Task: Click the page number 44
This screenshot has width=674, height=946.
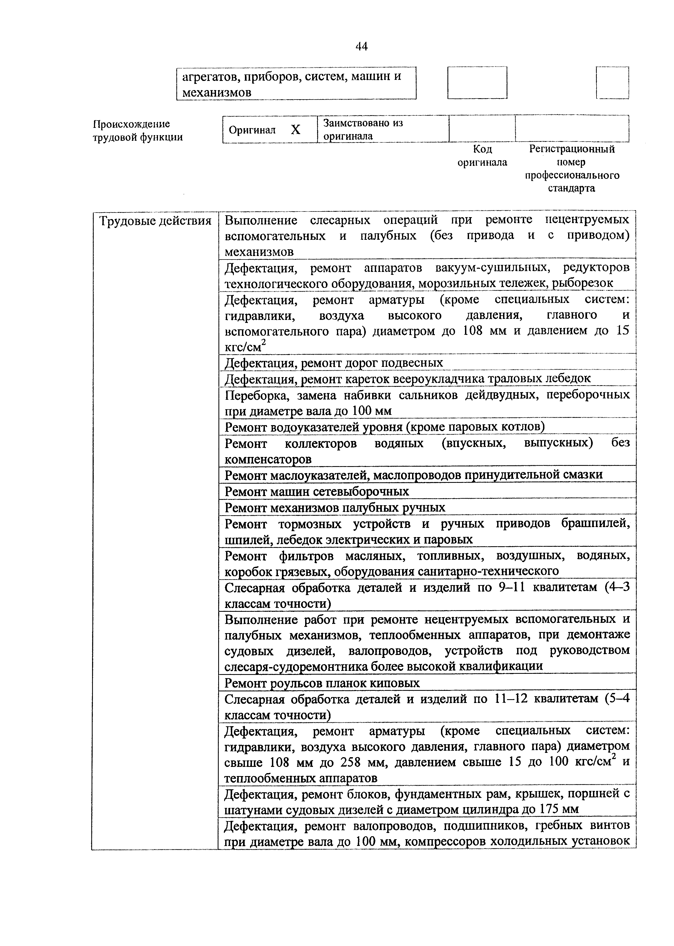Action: coord(362,46)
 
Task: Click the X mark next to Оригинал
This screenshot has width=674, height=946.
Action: coord(295,130)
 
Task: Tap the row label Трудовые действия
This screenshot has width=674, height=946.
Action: coord(156,221)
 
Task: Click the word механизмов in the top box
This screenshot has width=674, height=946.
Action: coord(217,93)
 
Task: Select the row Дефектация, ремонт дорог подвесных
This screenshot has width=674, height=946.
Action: coord(334,363)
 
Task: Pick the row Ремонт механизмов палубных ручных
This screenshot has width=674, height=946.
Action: coord(335,508)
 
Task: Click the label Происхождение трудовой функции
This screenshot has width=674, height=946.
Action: coord(137,131)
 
